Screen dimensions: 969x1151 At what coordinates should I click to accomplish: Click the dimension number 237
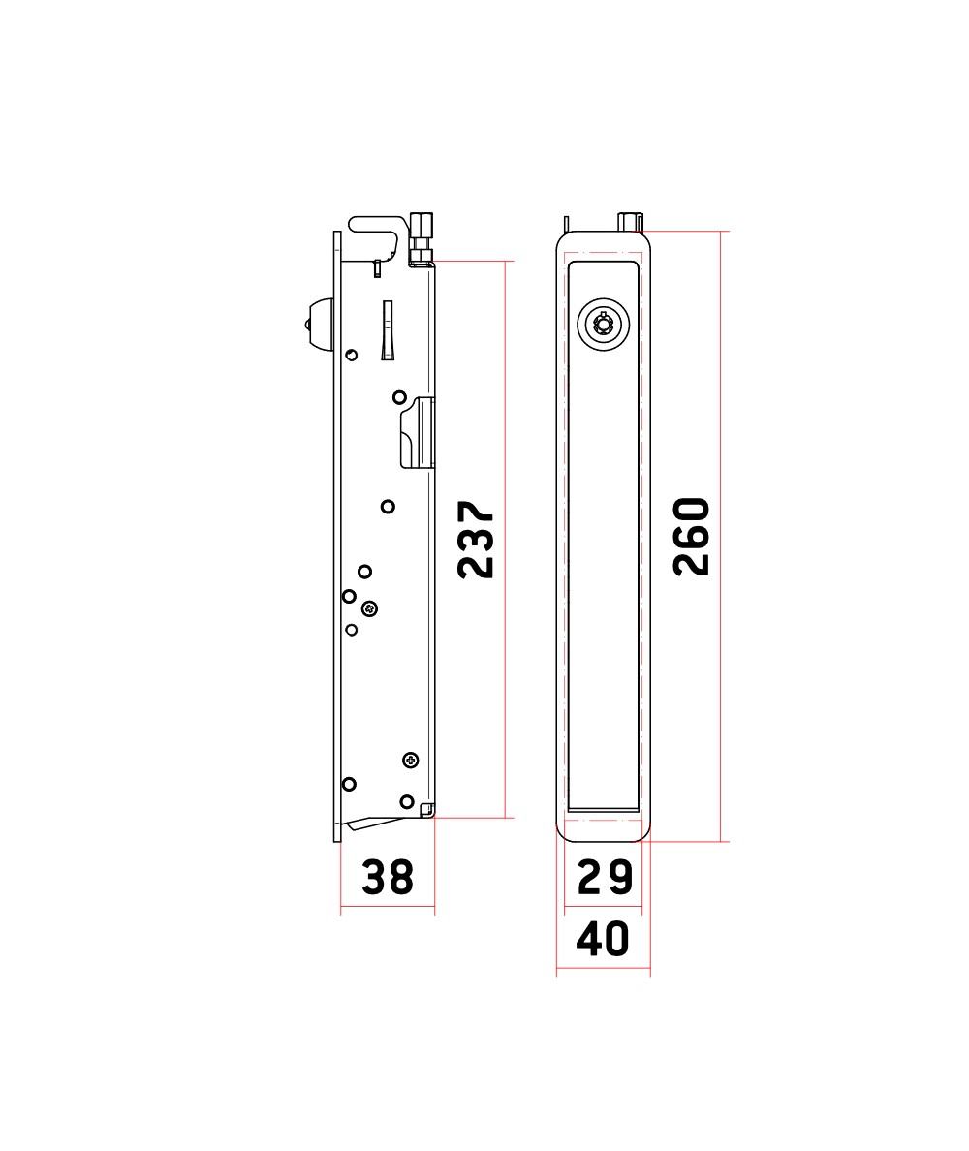(x=476, y=540)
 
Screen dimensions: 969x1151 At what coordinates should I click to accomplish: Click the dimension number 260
(x=692, y=537)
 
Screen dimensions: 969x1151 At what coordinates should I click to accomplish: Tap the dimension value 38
(x=388, y=877)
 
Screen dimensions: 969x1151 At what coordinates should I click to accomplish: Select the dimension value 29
(x=605, y=877)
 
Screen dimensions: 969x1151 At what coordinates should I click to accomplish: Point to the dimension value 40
(x=603, y=939)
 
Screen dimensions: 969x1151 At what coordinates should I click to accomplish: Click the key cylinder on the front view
(x=604, y=325)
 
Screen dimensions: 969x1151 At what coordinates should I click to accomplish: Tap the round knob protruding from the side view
(x=320, y=324)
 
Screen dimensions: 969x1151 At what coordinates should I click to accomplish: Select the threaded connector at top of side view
(x=422, y=237)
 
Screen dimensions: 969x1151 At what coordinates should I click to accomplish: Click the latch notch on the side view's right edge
(x=418, y=433)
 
